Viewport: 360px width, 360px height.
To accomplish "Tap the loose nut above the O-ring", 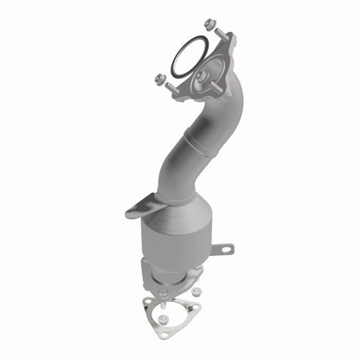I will [x=209, y=24].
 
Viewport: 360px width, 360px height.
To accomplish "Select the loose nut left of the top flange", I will [x=159, y=79].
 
